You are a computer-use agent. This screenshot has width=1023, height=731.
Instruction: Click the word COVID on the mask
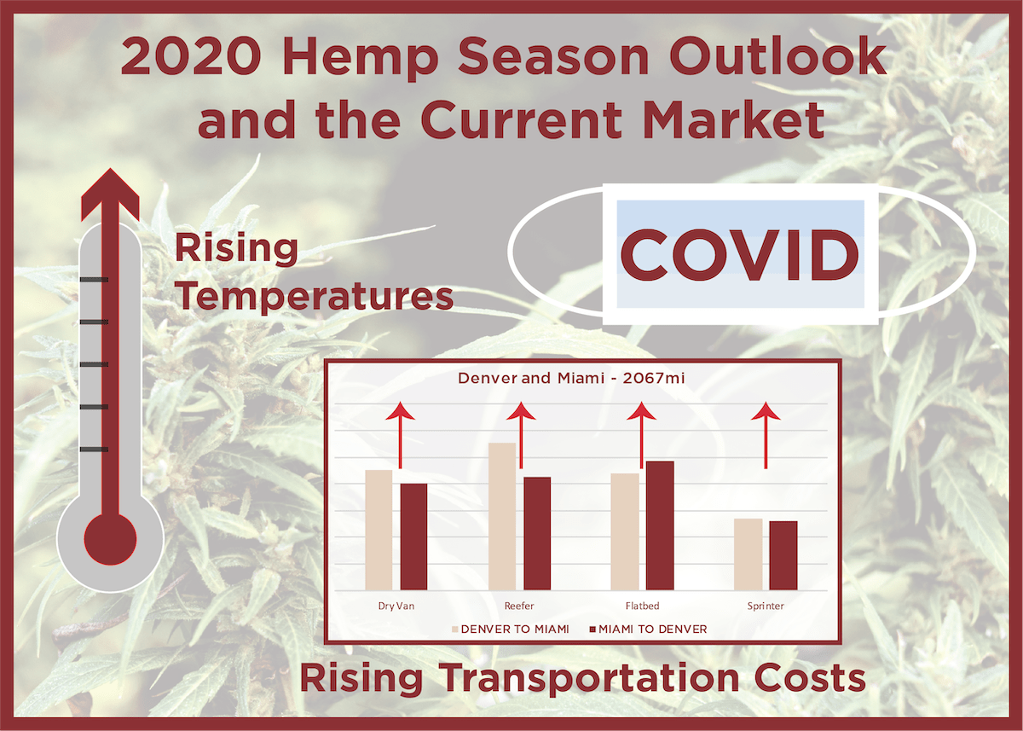[738, 255]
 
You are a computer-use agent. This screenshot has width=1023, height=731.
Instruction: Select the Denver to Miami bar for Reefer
[502, 516]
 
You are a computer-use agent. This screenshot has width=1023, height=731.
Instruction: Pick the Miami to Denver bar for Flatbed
[660, 525]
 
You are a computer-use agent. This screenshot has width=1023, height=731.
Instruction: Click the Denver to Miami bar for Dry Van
[379, 530]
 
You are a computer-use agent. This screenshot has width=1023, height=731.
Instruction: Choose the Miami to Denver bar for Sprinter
[783, 555]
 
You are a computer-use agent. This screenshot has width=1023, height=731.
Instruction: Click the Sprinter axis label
[765, 606]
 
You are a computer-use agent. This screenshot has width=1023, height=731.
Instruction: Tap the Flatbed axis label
[642, 606]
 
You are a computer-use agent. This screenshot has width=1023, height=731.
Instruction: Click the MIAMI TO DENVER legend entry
[647, 629]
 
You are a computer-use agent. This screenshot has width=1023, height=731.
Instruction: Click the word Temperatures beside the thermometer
[314, 296]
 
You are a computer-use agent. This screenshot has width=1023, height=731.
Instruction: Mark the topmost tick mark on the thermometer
[94, 280]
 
